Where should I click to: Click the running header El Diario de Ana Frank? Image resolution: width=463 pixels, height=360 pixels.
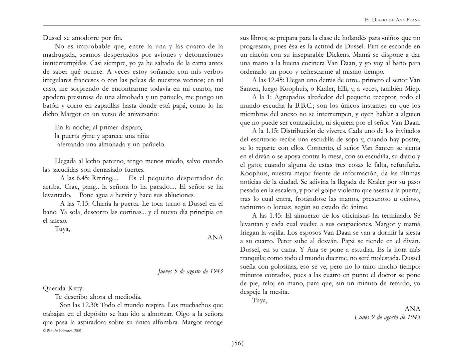pos(392,20)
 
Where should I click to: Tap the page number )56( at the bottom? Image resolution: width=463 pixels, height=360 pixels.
pos(238,343)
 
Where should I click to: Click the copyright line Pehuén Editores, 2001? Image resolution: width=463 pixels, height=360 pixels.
pos(63,331)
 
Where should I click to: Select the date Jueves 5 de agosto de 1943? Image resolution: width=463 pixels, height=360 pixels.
pos(190,271)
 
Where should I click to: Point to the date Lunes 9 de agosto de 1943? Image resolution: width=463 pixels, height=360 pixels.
pos(387,317)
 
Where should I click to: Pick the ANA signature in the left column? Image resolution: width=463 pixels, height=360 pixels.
pos(215,237)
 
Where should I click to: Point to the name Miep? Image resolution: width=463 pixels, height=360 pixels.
pos(413,89)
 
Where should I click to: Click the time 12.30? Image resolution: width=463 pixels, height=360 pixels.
pos(89,305)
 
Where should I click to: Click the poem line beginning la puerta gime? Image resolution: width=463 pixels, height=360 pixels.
pos(102,136)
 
